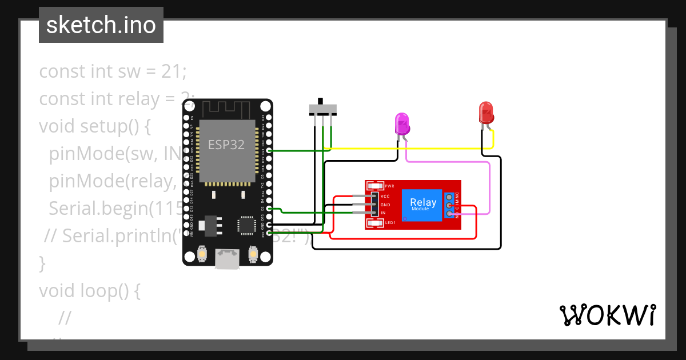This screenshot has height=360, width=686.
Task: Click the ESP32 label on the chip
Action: pyautogui.click(x=226, y=145)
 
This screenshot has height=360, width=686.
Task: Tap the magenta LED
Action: pyautogui.click(x=402, y=123)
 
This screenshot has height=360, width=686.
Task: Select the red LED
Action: pyautogui.click(x=486, y=113)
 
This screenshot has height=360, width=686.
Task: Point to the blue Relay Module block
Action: pyautogui.click(x=422, y=205)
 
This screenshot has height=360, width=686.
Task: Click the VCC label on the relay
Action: pyautogui.click(x=385, y=196)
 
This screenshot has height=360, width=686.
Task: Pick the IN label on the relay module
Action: pyautogui.click(x=383, y=213)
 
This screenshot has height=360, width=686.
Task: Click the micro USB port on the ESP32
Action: pyautogui.click(x=228, y=259)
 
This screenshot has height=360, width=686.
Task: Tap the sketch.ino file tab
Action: pyautogui.click(x=101, y=25)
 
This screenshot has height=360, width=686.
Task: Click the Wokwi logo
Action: pyautogui.click(x=607, y=315)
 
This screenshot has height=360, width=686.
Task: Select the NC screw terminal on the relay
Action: pyautogui.click(x=450, y=197)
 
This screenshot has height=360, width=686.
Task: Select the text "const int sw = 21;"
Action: pyautogui.click(x=113, y=72)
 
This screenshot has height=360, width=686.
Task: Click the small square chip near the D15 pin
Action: pyautogui.click(x=247, y=225)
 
